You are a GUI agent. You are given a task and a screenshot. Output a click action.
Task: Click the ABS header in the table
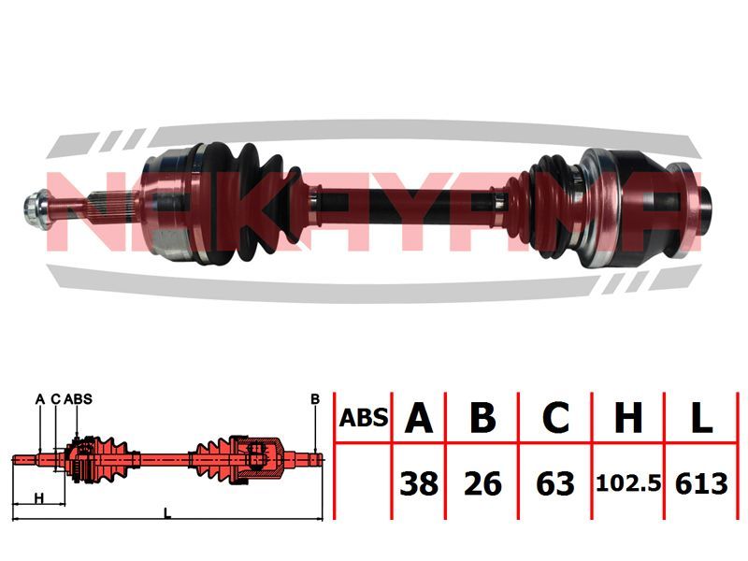pyautogui.click(x=364, y=418)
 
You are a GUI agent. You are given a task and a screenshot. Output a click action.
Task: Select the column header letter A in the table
pyautogui.click(x=418, y=417)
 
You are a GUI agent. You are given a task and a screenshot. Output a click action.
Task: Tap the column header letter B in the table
pyautogui.click(x=482, y=417)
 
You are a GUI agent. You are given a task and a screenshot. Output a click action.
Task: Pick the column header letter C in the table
pyautogui.click(x=555, y=417)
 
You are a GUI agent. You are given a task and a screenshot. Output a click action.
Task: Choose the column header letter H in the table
pyautogui.click(x=628, y=417)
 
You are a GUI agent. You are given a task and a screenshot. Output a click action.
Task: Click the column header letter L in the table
pyautogui.click(x=701, y=417)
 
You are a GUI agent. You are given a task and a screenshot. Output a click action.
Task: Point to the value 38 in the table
pyautogui.click(x=419, y=483)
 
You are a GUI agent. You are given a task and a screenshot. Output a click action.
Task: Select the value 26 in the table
pyautogui.click(x=482, y=483)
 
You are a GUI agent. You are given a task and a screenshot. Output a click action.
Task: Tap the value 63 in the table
pyautogui.click(x=555, y=483)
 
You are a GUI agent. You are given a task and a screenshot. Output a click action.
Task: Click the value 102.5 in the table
pyautogui.click(x=628, y=484)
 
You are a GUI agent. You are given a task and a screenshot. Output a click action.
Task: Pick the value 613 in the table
pyautogui.click(x=701, y=483)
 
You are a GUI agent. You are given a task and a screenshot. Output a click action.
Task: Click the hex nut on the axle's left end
pyautogui.click(x=36, y=209)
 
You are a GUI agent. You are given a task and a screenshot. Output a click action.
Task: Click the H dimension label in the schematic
pyautogui.click(x=39, y=498)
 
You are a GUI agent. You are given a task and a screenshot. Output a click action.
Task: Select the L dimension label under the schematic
pyautogui.click(x=167, y=513)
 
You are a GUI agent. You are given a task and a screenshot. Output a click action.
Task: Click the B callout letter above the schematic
pyautogui.click(x=315, y=399)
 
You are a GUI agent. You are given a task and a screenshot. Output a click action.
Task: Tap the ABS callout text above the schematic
pyautogui.click(x=78, y=399)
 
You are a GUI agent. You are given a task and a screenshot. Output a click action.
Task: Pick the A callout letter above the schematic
pyautogui.click(x=40, y=399)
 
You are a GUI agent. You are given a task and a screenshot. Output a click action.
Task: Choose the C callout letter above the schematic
pyautogui.click(x=55, y=399)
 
